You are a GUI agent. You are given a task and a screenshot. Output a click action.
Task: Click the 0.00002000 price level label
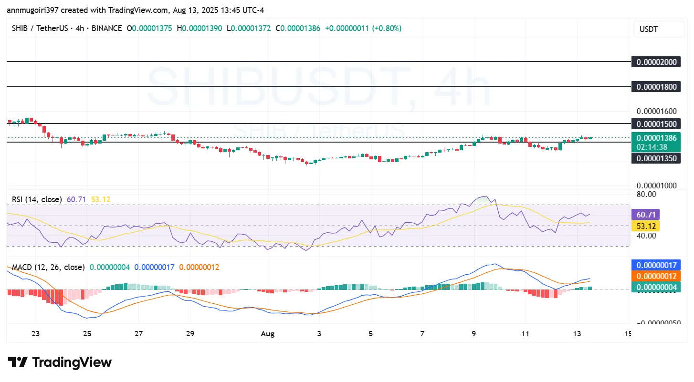[x=656, y=62]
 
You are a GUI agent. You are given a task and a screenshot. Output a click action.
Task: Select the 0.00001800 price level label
[x=656, y=87]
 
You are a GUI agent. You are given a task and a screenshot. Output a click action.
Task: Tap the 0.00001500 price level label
[x=656, y=124]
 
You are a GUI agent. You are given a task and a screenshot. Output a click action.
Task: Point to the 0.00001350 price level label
[x=656, y=158]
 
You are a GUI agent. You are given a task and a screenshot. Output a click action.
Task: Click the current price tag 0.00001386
[x=656, y=138]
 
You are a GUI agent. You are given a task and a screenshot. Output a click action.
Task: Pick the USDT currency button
[x=658, y=29]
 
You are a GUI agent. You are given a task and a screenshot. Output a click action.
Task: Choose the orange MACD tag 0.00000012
[x=656, y=276]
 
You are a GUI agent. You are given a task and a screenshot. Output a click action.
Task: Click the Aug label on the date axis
[x=268, y=334]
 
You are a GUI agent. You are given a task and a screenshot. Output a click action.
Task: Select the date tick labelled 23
[x=35, y=334]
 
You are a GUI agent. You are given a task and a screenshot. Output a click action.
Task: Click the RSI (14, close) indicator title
[x=37, y=199]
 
